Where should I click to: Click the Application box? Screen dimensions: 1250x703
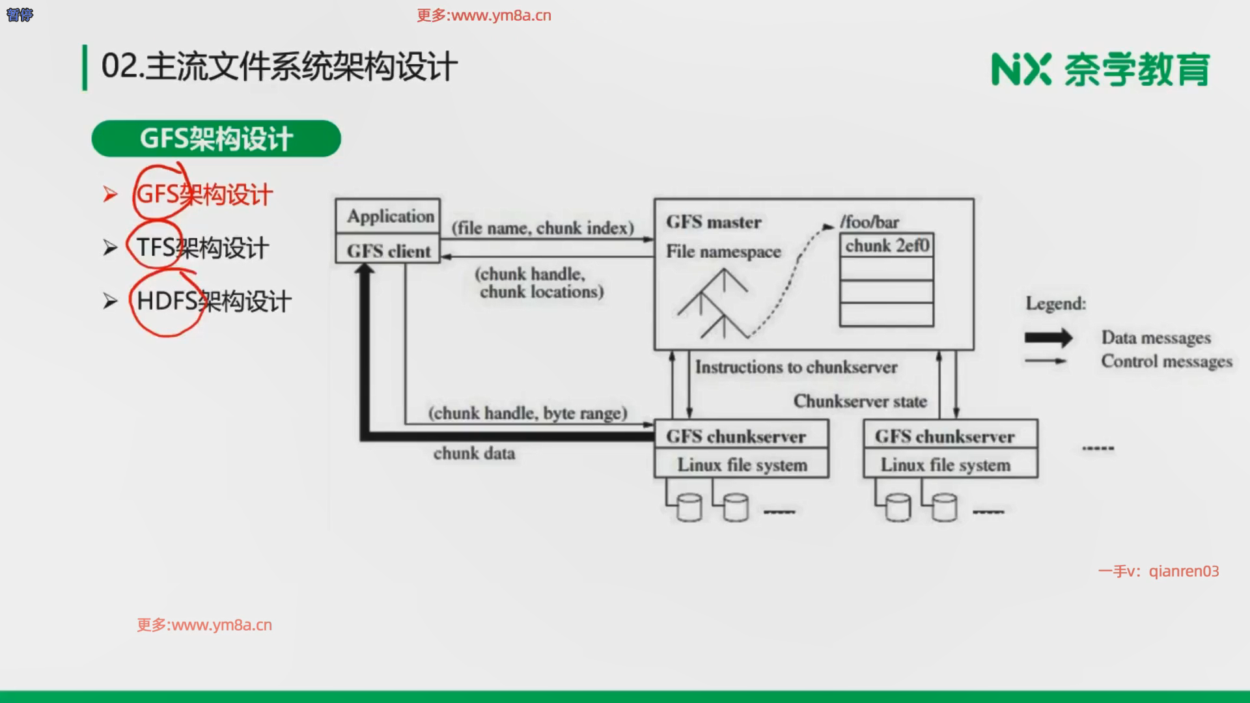(389, 215)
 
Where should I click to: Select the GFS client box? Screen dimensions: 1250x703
(389, 251)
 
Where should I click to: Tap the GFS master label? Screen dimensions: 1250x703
(714, 223)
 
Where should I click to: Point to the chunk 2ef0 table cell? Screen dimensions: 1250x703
(887, 245)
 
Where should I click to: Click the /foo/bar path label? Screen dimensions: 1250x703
(869, 222)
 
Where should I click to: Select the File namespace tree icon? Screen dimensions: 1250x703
(713, 304)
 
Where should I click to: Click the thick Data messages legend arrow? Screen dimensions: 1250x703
(1048, 338)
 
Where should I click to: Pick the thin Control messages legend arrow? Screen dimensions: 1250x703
(1046, 361)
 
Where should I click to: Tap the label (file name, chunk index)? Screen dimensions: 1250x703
(543, 228)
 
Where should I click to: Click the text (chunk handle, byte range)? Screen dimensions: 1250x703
(527, 413)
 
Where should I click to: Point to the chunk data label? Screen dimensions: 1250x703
(474, 453)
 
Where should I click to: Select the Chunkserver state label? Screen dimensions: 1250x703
(860, 401)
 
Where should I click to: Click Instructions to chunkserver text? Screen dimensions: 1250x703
(796, 367)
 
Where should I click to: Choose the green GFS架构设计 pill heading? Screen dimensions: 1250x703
(216, 139)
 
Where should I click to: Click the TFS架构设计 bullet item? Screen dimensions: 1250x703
(202, 248)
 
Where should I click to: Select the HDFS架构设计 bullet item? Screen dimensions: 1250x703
(214, 301)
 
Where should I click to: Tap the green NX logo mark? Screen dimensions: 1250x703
(1021, 70)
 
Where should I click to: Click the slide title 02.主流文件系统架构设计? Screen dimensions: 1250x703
(279, 67)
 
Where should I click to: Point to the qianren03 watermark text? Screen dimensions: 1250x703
(1184, 572)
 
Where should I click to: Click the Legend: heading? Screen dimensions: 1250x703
(1055, 303)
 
